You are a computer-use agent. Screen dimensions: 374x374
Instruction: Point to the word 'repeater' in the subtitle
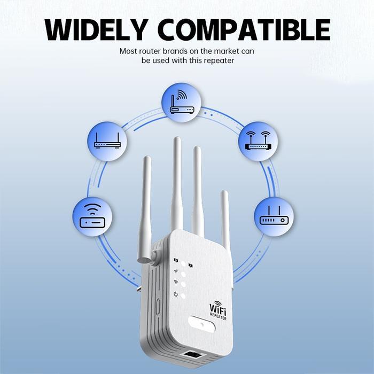pyautogui.click(x=220, y=61)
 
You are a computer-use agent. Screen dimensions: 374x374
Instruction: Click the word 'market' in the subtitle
pyautogui.click(x=228, y=51)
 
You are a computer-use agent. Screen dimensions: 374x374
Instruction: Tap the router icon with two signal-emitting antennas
pyautogui.click(x=258, y=141)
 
